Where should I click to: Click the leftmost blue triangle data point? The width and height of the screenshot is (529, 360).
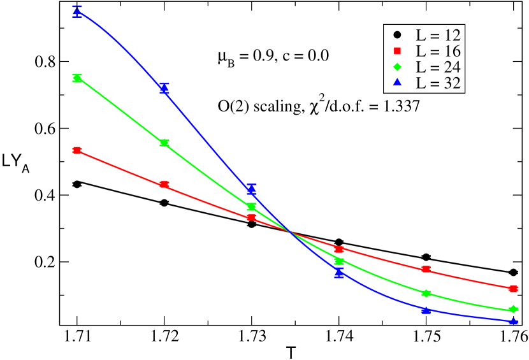(x=77, y=11)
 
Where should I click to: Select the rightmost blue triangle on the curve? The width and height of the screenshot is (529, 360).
(x=514, y=321)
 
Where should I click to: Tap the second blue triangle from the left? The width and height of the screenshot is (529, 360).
(x=164, y=89)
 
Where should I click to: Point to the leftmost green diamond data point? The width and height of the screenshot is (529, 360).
(x=77, y=78)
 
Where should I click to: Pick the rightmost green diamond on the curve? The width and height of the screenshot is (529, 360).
(x=514, y=310)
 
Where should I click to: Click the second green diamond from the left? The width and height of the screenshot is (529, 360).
(x=164, y=143)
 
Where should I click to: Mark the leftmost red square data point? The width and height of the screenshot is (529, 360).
(x=77, y=150)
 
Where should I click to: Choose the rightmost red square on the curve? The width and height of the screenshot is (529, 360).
(x=514, y=289)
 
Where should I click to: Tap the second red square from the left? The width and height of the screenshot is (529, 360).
(x=164, y=185)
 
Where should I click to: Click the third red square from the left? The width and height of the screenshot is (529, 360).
(x=252, y=217)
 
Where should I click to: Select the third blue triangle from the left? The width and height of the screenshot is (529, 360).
(x=252, y=189)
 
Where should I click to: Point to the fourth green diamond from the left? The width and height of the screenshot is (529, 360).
(x=339, y=261)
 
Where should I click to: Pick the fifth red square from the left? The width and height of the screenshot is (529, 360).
(x=426, y=270)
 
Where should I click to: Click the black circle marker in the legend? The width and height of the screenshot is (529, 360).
(x=397, y=34)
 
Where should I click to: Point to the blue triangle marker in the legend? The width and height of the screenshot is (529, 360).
(x=397, y=82)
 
